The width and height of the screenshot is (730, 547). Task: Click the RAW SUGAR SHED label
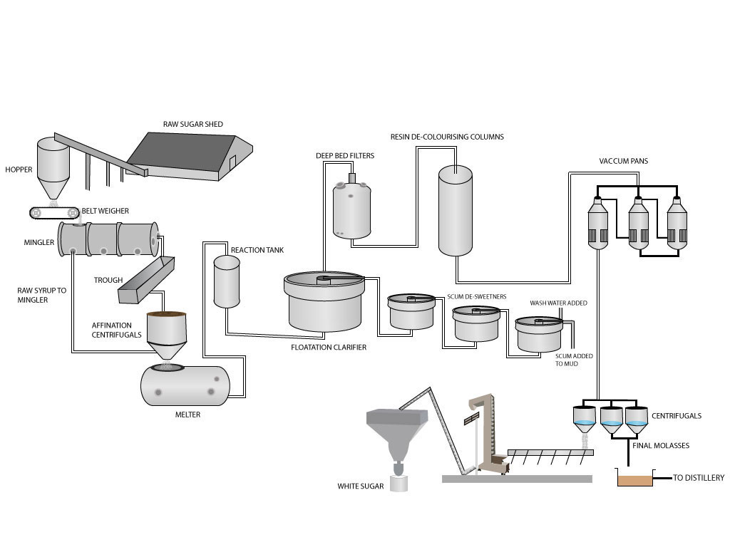(x=192, y=125)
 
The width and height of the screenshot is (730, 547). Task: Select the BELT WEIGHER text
(x=105, y=211)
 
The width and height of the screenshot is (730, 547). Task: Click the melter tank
(x=185, y=385)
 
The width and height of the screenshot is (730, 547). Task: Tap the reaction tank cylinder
(x=227, y=282)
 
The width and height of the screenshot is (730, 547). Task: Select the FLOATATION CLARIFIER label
(x=329, y=348)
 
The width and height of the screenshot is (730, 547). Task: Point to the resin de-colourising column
(x=455, y=210)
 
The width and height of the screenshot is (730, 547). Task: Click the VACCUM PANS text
(x=624, y=162)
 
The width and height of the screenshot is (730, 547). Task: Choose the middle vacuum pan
(x=638, y=222)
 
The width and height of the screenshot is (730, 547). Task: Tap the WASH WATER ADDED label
(x=558, y=303)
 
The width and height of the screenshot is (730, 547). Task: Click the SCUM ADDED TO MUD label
(x=574, y=360)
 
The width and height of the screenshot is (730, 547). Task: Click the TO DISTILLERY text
(x=699, y=478)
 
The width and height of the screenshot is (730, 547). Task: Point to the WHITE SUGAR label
(x=361, y=487)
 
